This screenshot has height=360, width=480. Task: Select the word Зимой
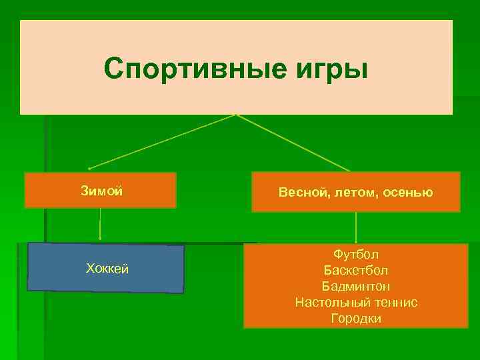click(101, 191)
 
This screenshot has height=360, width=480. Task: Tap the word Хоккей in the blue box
click(107, 269)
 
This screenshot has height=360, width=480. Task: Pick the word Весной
click(303, 193)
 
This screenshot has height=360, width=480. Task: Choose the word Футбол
click(356, 255)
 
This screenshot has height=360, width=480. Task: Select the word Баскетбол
click(356, 271)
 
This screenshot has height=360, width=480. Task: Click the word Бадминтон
click(356, 287)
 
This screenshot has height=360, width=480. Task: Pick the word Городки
click(356, 319)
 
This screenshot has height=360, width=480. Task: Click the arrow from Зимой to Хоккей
click(101, 224)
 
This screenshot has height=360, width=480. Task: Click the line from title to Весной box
click(293, 143)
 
